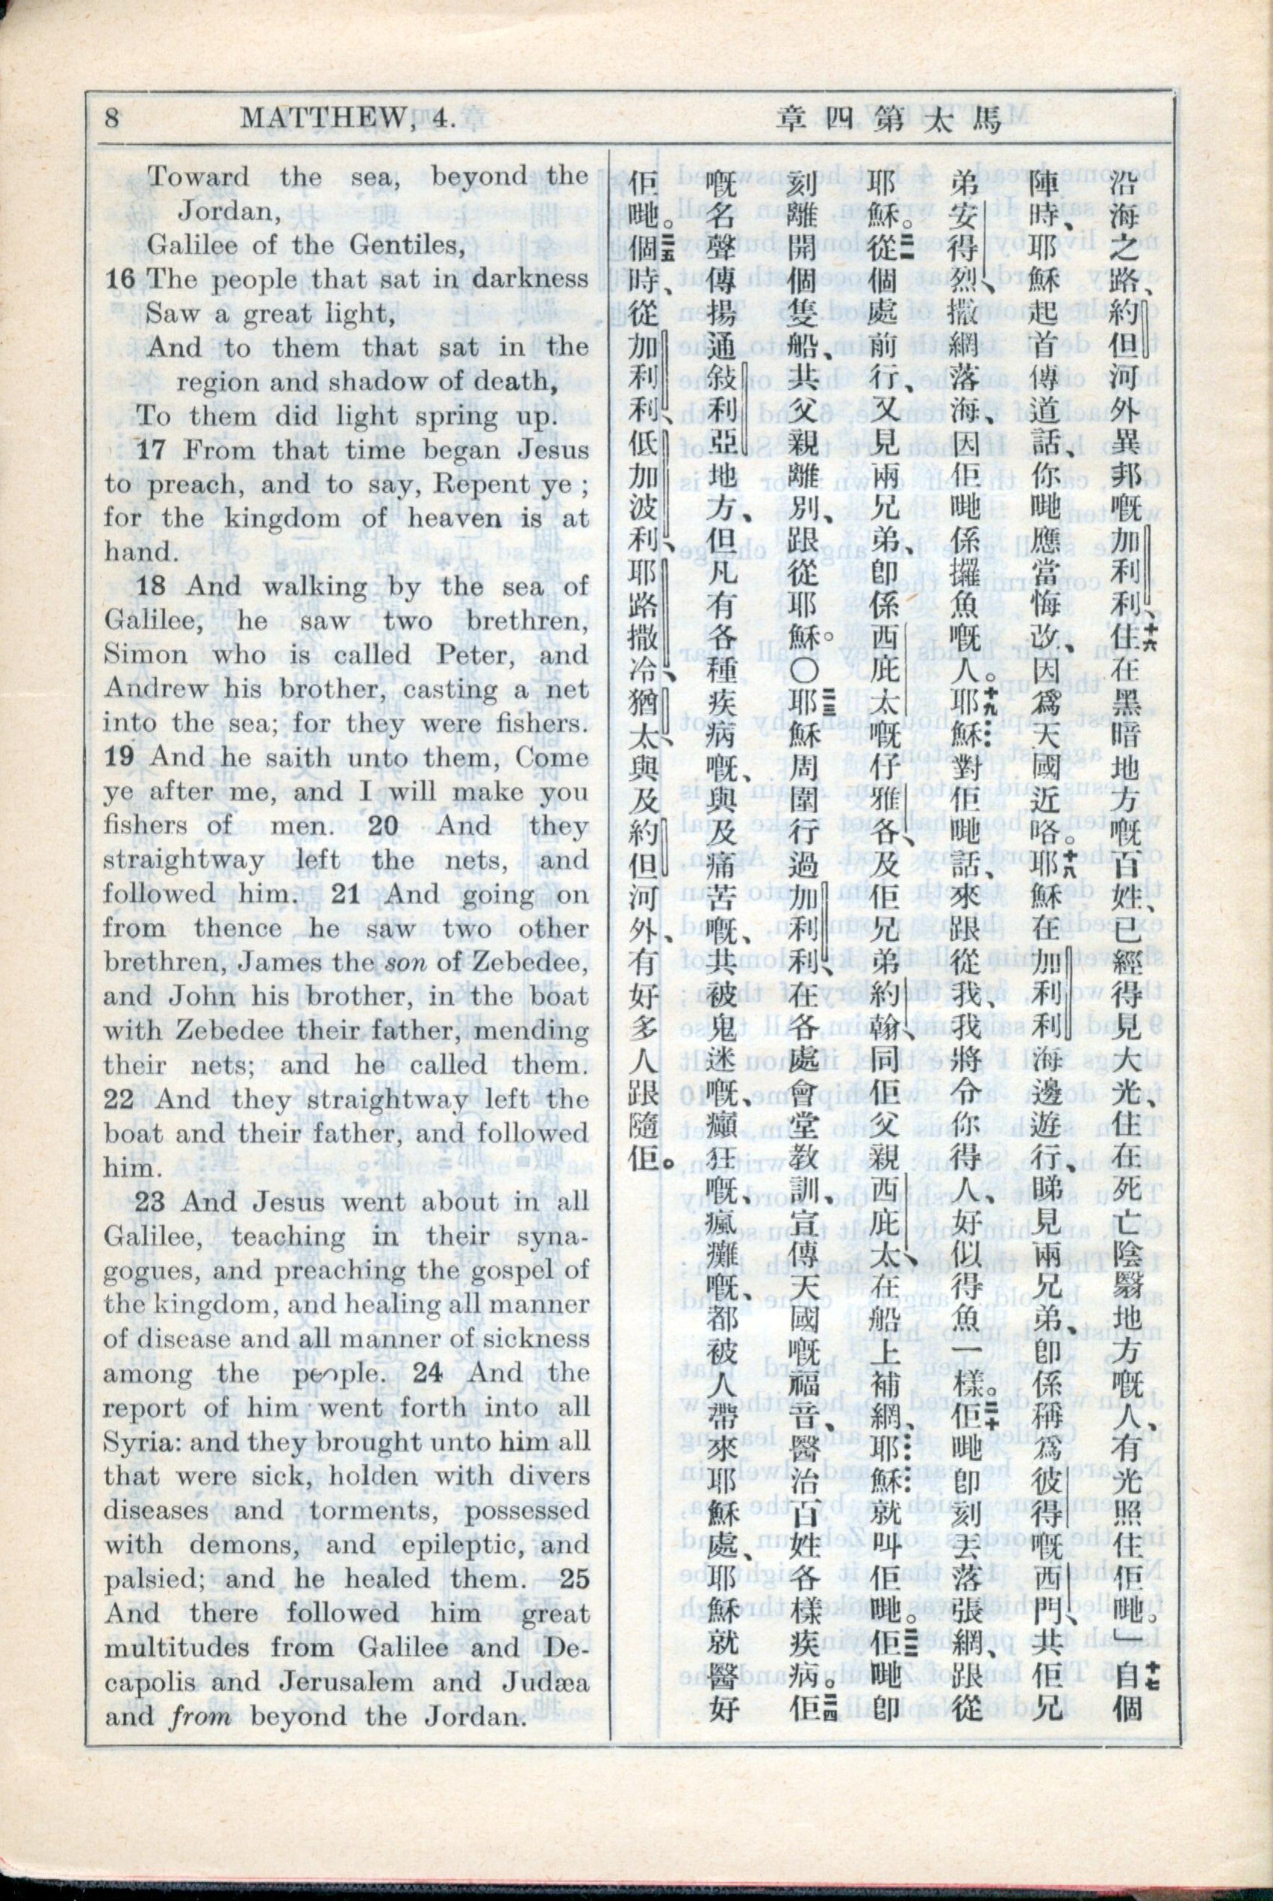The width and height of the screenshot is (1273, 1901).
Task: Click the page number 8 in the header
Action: pyautogui.click(x=112, y=119)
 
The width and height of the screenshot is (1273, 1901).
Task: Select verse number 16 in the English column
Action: pyautogui.click(x=120, y=279)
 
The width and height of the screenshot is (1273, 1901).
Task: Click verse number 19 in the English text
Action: pyautogui.click(x=120, y=757)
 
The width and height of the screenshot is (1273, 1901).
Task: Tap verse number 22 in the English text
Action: pyautogui.click(x=120, y=1099)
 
